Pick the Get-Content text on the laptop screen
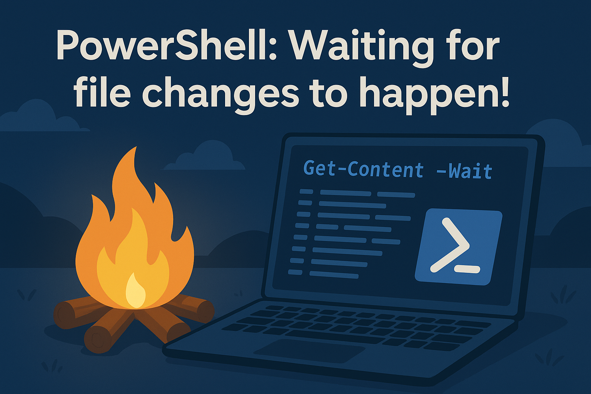[364, 169]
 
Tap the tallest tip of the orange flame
[137, 147]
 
